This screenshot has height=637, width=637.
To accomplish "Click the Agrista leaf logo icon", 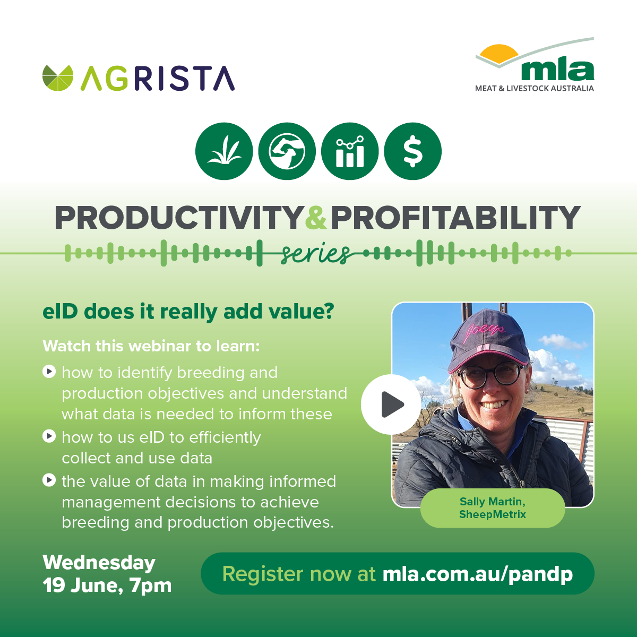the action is coord(58,78).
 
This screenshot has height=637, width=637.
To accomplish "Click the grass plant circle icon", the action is coord(224,151).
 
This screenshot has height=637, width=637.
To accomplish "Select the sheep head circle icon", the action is coord(287,151).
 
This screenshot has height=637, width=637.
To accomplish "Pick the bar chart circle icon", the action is coord(350,151).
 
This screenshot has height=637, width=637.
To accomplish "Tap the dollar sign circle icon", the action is coord(412,151).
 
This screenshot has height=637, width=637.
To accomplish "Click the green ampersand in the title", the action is coord(316,217).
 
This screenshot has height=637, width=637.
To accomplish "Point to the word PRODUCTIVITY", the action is coord(178,217).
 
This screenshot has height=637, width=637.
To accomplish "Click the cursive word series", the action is coord(315,254).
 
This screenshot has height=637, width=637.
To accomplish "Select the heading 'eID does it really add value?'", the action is coord(188,312).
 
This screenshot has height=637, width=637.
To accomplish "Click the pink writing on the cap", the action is coord(484,332).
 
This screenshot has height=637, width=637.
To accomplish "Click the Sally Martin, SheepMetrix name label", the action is coord(493,508).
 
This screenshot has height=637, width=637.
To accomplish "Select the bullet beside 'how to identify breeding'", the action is coord(49,371).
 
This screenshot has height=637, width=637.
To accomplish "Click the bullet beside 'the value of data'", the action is coord(49,480).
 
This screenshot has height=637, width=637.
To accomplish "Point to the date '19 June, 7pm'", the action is coord(107,586).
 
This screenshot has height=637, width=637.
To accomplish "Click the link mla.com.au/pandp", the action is coord(478,574).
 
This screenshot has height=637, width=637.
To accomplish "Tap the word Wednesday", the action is coord(99,562).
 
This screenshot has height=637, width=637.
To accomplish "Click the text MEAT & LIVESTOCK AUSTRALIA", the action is coord(534,88).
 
